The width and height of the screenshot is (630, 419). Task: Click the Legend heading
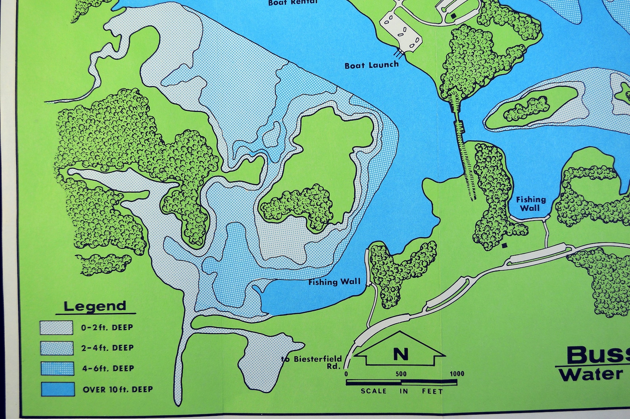click(x=95, y=306)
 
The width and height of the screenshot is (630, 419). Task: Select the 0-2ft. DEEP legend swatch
click(x=56, y=328)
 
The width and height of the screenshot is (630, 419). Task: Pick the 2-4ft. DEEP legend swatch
click(x=56, y=348)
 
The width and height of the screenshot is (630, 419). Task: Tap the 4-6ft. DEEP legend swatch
click(x=57, y=369)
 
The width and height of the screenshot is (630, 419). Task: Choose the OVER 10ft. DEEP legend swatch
click(x=58, y=389)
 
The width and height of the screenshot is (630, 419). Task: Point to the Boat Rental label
click(x=293, y=2)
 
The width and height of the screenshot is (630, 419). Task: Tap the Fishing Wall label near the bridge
click(x=530, y=204)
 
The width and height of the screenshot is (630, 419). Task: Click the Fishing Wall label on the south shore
click(x=334, y=282)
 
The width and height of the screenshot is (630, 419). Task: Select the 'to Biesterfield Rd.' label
click(x=312, y=362)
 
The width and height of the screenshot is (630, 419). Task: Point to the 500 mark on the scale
click(x=401, y=374)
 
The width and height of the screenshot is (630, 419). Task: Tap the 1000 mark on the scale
click(x=457, y=374)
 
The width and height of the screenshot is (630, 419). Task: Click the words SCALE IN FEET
click(x=401, y=391)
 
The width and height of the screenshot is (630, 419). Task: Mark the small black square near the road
click(x=504, y=246)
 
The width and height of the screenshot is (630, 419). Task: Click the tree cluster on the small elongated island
click(x=527, y=109)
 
